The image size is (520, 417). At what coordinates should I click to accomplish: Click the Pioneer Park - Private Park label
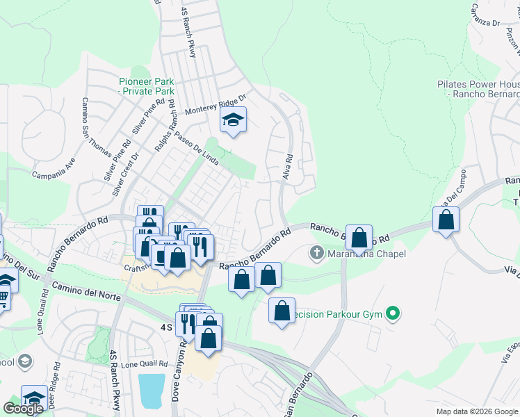(x=146, y=86)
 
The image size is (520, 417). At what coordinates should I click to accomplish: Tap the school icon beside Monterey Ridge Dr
(x=234, y=122)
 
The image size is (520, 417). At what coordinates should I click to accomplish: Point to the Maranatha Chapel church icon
(x=317, y=254)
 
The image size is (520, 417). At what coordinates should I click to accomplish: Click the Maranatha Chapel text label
(x=366, y=254)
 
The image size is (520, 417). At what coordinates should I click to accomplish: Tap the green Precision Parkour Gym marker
(x=393, y=314)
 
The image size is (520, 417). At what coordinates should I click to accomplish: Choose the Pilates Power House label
(x=478, y=89)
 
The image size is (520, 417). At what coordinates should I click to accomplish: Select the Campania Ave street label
(x=54, y=168)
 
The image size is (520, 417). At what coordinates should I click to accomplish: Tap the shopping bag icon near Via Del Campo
(x=446, y=220)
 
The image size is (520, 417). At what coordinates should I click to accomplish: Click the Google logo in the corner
(x=23, y=408)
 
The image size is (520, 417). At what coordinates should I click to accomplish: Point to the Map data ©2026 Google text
(x=476, y=411)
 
